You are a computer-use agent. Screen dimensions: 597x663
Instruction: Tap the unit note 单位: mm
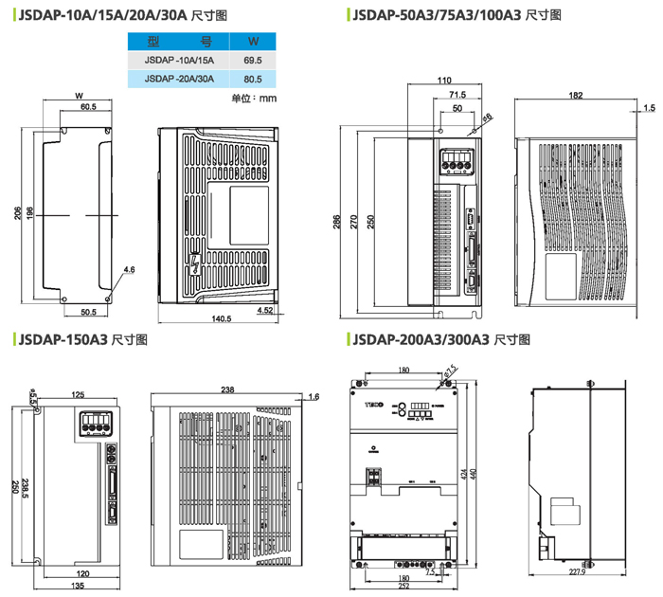point(254,98)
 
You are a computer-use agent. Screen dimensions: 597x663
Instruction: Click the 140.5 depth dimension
point(221,318)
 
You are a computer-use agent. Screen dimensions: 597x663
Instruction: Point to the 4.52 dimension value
point(265,309)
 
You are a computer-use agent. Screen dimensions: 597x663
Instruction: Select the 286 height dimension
point(336,222)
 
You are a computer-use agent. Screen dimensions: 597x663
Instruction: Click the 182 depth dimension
point(574,96)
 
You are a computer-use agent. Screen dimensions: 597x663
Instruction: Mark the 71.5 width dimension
point(457,95)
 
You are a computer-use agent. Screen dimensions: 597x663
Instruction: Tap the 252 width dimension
point(403,587)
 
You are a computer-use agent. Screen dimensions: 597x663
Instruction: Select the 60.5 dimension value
point(87,106)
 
